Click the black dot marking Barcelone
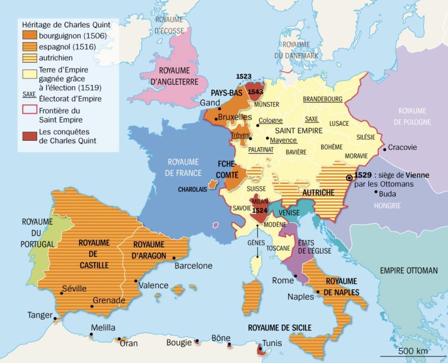coord(174,258)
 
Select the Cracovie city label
coord(402,147)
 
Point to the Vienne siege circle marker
coord(349,178)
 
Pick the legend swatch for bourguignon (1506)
coord(29,36)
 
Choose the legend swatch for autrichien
coord(29,58)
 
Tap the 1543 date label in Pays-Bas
coord(256,91)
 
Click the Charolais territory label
coord(192,190)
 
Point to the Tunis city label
coord(272,343)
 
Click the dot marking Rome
coord(295,276)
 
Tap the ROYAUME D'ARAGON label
coord(149,249)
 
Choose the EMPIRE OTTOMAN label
coord(408,270)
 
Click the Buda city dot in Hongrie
coord(375,193)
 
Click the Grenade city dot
coord(91,306)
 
